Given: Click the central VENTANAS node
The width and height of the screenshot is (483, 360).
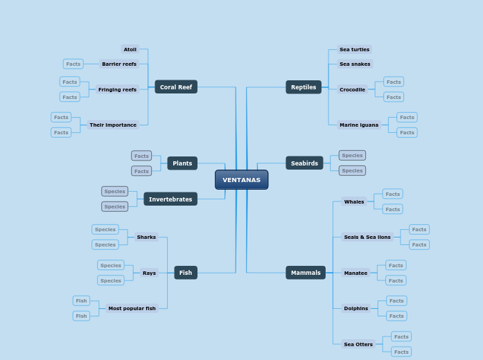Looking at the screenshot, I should (x=241, y=180).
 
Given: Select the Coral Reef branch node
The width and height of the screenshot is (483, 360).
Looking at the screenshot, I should (x=176, y=87).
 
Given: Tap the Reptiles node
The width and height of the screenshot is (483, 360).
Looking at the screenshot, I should (x=304, y=87).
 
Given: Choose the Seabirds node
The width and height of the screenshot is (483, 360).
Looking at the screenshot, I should (x=304, y=163).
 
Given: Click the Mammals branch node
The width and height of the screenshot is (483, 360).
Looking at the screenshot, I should (x=306, y=273).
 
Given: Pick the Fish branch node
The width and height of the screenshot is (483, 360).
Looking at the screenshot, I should (x=186, y=273).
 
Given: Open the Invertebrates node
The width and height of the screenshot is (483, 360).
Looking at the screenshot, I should (x=170, y=199).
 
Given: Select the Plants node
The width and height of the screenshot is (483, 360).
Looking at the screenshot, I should (x=182, y=163).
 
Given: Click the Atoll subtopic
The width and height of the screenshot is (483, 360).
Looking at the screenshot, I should (x=130, y=49).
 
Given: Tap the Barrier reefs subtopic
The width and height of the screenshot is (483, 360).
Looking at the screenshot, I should (x=119, y=64).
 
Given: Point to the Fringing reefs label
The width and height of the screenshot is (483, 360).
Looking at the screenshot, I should (x=117, y=89).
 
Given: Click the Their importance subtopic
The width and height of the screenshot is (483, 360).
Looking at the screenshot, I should (x=112, y=125).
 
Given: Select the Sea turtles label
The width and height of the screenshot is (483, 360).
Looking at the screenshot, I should (x=354, y=49).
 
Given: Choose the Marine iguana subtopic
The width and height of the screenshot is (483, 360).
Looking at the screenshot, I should (x=359, y=125).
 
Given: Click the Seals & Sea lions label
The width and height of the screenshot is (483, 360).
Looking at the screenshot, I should (x=367, y=237).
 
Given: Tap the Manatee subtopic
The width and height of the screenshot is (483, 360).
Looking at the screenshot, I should (x=355, y=273).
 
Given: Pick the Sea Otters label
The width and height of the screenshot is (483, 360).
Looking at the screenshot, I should (x=358, y=344).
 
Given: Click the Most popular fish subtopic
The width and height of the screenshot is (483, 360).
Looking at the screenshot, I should (x=132, y=308).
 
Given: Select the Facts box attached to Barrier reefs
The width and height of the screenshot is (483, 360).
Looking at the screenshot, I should (x=73, y=64).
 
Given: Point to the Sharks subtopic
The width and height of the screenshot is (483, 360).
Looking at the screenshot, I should (x=146, y=237).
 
